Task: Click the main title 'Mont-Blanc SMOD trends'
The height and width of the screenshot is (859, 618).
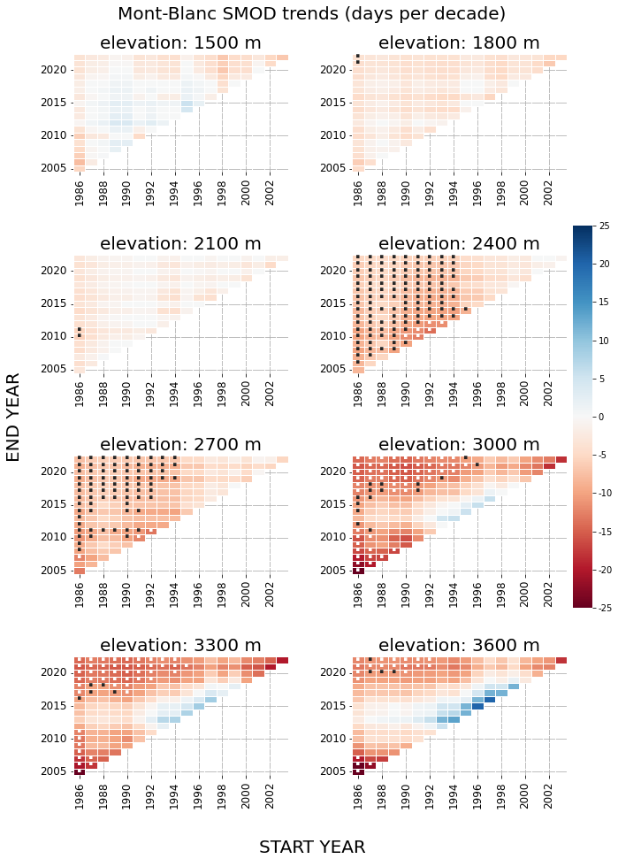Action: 311,14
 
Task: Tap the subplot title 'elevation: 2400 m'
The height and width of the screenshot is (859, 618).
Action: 459,244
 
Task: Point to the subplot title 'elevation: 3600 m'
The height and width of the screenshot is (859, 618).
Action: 459,646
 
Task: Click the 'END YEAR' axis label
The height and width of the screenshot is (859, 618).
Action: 13,417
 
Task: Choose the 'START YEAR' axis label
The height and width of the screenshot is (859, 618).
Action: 311,847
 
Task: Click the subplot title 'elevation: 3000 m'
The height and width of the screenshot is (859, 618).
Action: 459,445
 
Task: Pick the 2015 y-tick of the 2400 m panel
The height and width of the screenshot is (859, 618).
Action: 333,303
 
